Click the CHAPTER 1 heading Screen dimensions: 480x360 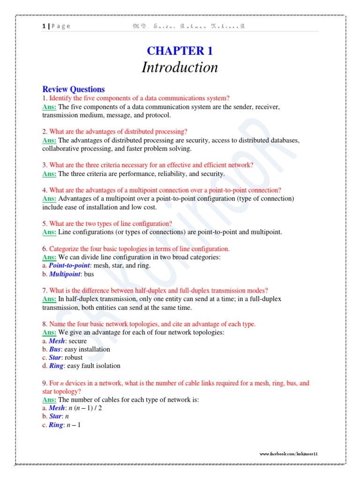(180, 51)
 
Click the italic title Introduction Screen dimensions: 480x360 (180, 67)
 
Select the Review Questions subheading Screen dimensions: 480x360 (74, 89)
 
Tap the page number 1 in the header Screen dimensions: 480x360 (44, 26)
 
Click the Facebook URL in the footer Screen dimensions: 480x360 (289, 454)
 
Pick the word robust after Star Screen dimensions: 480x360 (75, 358)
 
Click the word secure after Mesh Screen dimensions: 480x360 (78, 341)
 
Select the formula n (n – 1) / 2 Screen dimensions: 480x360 (86, 408)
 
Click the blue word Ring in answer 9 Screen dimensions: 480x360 (55, 425)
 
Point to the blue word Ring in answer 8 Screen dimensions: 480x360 (56, 366)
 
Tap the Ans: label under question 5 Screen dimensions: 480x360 (49, 232)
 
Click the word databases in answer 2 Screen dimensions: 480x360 (281, 141)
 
